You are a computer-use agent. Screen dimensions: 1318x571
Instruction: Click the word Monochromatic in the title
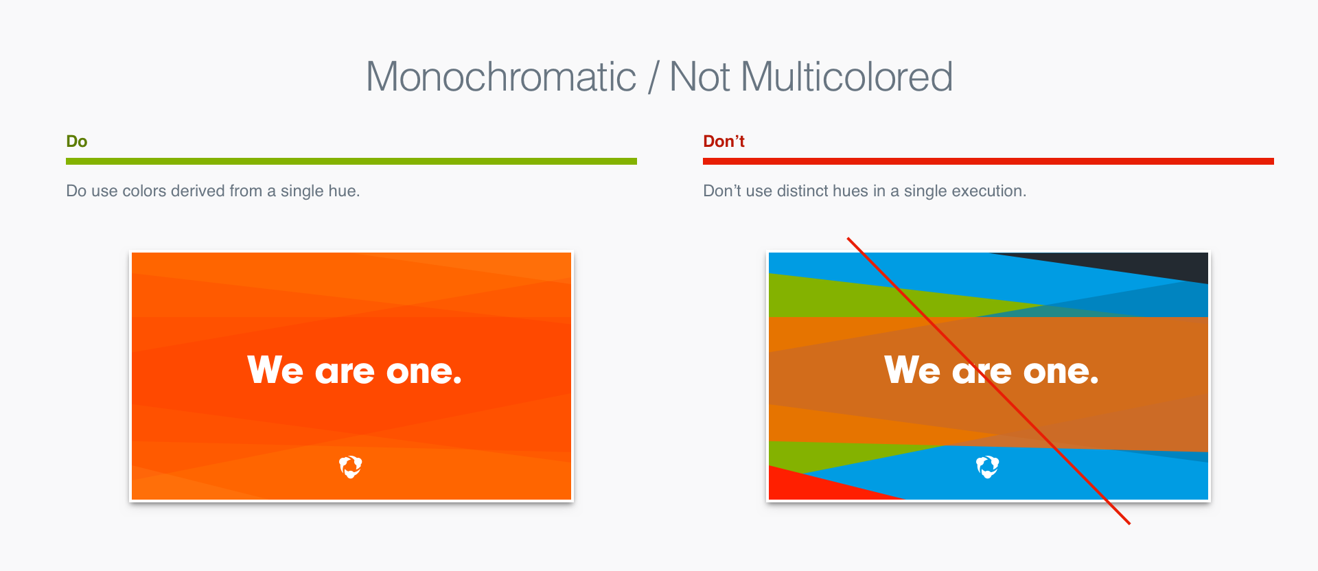pyautogui.click(x=501, y=77)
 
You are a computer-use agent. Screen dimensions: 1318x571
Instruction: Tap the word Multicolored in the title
pyautogui.click(x=847, y=77)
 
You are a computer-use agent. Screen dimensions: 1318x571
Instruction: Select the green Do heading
pyautogui.click(x=77, y=141)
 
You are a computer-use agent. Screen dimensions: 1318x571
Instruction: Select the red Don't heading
pyautogui.click(x=724, y=141)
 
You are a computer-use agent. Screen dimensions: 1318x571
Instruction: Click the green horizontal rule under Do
pyautogui.click(x=351, y=161)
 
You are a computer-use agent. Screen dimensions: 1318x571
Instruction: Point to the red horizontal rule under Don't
pyautogui.click(x=988, y=161)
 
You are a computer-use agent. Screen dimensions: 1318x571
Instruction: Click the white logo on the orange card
pyautogui.click(x=351, y=467)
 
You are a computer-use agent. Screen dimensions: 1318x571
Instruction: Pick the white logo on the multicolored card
pyautogui.click(x=988, y=467)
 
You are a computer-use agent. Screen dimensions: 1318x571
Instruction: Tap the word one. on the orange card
pyautogui.click(x=424, y=372)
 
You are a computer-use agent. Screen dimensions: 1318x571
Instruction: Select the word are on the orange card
pyautogui.click(x=345, y=372)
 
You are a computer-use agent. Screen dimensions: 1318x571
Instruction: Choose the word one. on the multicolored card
pyautogui.click(x=1061, y=372)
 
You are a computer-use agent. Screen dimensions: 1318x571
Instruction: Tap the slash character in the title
pyautogui.click(x=653, y=77)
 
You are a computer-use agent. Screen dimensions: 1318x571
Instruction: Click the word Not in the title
pyautogui.click(x=700, y=77)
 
